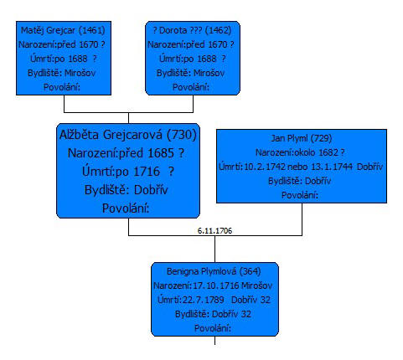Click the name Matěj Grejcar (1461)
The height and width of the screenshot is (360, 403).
[63, 30]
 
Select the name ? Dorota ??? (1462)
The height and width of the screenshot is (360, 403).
[192, 30]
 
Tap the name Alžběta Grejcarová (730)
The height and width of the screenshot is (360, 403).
[128, 135]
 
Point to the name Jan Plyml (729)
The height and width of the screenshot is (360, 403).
[302, 138]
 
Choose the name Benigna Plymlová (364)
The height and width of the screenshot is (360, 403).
[214, 271]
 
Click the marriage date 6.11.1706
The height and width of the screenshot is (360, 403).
[214, 231]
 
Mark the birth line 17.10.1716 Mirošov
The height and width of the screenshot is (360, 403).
[213, 285]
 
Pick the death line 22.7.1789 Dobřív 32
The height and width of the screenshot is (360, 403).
[214, 300]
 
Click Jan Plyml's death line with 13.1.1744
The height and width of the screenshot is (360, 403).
[301, 167]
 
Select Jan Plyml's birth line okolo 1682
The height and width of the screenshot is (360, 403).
[300, 152]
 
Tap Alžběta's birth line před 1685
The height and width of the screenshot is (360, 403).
[126, 153]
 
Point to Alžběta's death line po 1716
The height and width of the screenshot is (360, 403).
[128, 172]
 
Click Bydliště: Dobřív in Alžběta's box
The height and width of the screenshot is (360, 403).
[126, 190]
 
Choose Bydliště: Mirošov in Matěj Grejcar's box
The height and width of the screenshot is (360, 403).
[61, 73]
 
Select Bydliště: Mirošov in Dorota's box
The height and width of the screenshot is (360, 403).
[190, 73]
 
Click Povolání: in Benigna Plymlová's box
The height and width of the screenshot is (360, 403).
[213, 328]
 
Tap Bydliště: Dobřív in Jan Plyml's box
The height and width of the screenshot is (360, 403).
[299, 181]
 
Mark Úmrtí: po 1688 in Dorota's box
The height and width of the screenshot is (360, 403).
[193, 59]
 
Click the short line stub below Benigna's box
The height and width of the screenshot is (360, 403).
[214, 341]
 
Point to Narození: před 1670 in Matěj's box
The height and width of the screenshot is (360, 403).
[62, 44]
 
